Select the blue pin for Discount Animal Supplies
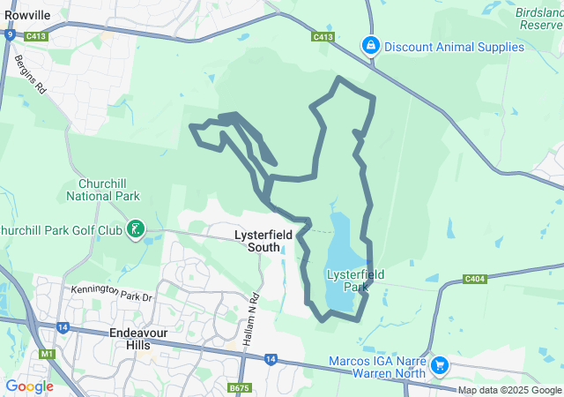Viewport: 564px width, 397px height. (x=371, y=45)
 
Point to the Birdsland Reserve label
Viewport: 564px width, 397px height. (x=540, y=20)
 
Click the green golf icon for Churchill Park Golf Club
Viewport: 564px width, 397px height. (x=135, y=230)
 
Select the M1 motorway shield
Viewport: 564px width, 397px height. (x=46, y=354)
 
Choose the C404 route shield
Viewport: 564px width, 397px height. (x=474, y=280)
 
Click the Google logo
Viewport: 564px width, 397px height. (x=29, y=386)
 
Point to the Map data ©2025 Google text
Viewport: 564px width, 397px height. (x=509, y=391)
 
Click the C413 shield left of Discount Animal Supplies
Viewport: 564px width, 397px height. (x=323, y=37)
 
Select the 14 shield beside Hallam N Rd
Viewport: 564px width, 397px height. (x=269, y=358)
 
